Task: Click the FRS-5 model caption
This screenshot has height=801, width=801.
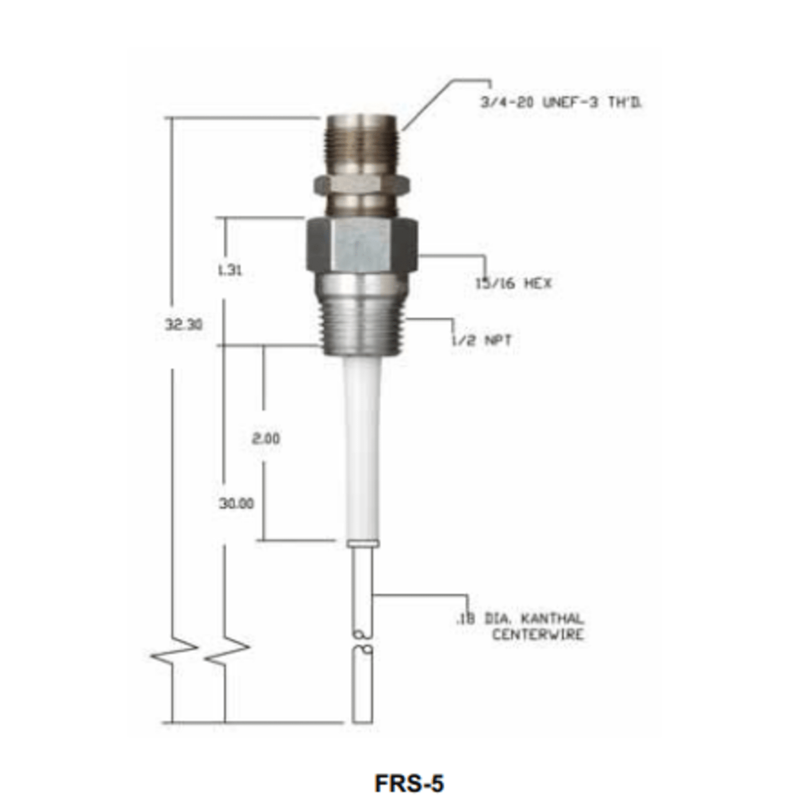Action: coord(409,783)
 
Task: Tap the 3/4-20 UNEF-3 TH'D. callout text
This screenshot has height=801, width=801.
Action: coord(560,103)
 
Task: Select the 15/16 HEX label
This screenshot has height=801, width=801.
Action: coord(513,283)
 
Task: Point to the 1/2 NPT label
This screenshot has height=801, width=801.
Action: coord(482,339)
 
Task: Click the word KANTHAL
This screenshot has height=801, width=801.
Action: coord(552,619)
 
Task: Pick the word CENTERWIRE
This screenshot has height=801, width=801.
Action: coord(538,634)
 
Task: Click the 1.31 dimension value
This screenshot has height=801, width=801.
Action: coord(229,271)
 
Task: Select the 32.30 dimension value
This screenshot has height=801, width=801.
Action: coord(183,324)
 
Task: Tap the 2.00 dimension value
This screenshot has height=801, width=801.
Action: coord(266,438)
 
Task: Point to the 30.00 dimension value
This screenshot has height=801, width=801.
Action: coord(236,503)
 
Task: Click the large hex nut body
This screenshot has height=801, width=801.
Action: coord(362,244)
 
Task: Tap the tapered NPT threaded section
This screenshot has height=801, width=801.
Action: coord(363,322)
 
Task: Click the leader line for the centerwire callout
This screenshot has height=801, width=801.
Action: coord(421,596)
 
